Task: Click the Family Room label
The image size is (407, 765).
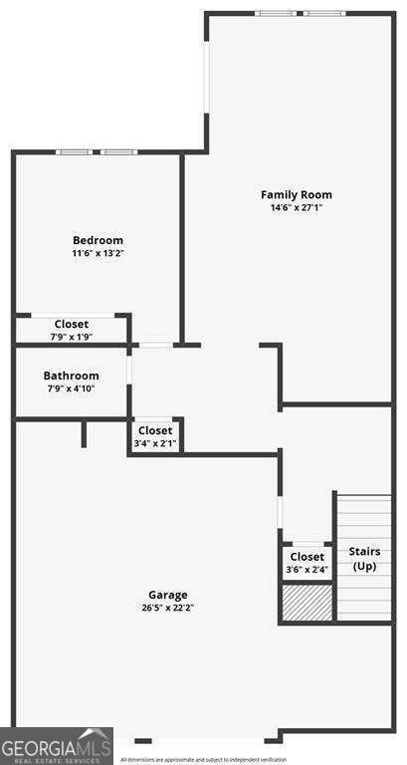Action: click(297, 194)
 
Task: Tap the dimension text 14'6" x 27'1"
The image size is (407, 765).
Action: click(297, 208)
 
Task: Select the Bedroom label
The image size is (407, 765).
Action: click(98, 240)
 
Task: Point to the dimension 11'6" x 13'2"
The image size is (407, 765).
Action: click(98, 254)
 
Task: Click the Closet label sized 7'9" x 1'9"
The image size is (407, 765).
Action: click(71, 324)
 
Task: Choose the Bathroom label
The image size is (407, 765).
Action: click(71, 376)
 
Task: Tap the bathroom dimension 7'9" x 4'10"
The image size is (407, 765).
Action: click(71, 388)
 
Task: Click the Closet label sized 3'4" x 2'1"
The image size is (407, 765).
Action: click(154, 430)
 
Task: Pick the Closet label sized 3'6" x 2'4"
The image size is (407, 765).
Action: click(306, 557)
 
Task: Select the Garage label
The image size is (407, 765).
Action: click(168, 595)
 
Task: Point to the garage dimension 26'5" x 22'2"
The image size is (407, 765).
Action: click(168, 609)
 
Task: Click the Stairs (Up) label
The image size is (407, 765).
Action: click(364, 558)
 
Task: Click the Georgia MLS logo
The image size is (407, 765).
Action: click(56, 746)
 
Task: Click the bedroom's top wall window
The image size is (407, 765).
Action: click(96, 152)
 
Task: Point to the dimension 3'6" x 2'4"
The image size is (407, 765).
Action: click(306, 570)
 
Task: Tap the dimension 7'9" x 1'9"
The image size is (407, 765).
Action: click(71, 337)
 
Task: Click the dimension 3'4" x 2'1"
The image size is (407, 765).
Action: click(154, 443)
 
